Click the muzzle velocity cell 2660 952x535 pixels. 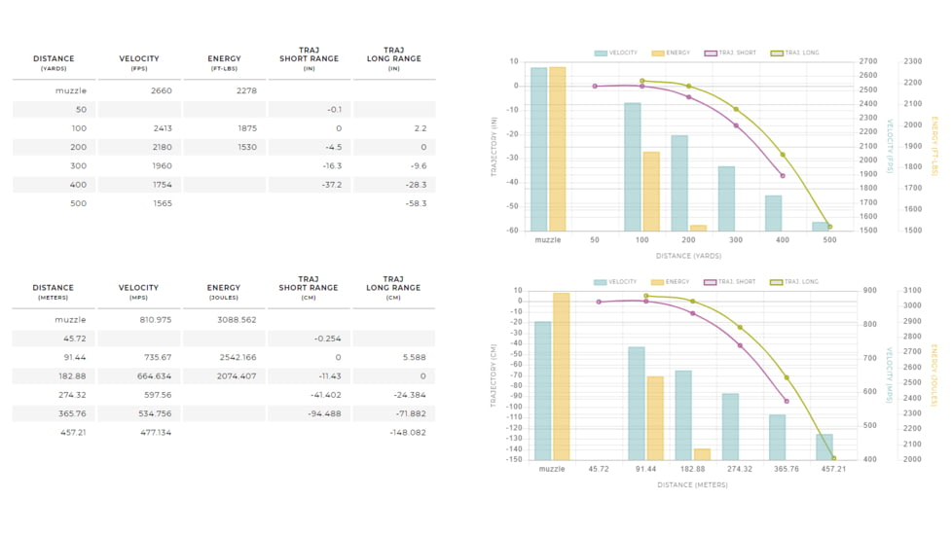[161, 90]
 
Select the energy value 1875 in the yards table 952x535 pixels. [245, 128]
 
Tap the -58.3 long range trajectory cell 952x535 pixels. [416, 203]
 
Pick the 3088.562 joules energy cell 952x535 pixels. [237, 319]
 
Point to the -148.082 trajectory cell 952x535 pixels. [408, 432]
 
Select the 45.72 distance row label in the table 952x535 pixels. [73, 339]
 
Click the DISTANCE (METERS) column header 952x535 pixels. [53, 292]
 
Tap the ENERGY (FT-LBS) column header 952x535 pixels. [224, 62]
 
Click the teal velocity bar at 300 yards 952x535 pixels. [726, 198]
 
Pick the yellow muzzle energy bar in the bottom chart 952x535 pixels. [561, 375]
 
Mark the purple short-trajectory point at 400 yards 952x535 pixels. [783, 176]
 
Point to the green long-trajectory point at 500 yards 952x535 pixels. [829, 227]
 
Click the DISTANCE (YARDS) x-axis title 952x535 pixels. [688, 256]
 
